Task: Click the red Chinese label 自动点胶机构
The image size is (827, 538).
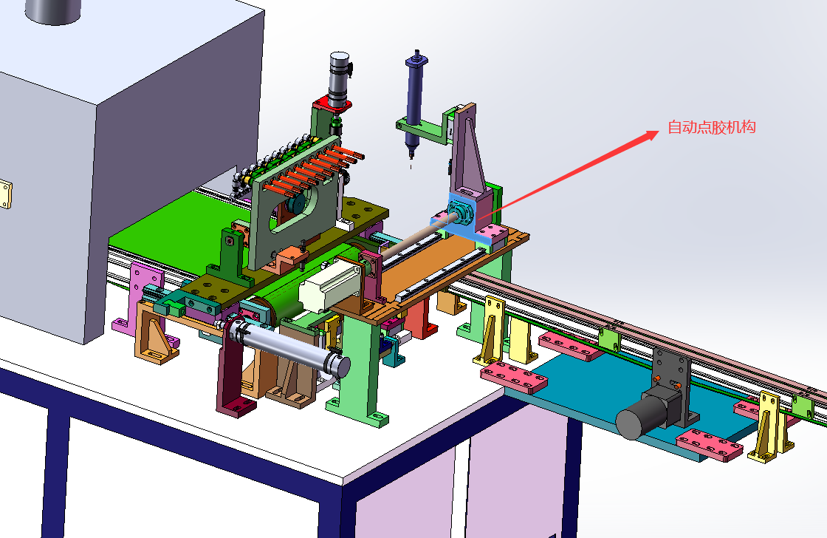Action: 712,127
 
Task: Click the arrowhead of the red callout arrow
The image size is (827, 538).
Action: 652,135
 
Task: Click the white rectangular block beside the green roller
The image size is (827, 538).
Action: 329,286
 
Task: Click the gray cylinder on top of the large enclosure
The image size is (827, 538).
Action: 52,11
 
